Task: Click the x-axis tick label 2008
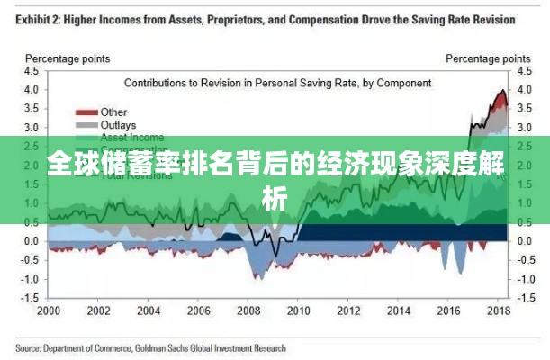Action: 250,310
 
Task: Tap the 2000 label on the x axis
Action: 48,310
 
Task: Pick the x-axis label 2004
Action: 149,310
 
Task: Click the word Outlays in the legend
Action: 118,125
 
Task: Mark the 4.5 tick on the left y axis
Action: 32,70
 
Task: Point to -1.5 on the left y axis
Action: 30,297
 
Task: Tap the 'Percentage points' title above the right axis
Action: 484,58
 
